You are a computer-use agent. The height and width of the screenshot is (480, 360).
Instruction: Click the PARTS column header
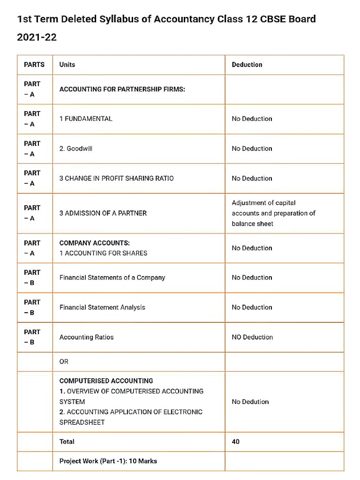point(34,65)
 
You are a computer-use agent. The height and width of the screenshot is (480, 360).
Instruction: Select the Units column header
point(67,65)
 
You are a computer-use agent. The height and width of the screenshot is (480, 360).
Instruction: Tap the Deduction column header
point(247,65)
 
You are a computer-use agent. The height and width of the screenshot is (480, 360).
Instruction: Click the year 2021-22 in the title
point(37,37)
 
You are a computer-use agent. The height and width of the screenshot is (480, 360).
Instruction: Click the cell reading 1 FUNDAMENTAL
point(86,119)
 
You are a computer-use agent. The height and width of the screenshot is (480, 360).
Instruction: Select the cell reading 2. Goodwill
point(76,149)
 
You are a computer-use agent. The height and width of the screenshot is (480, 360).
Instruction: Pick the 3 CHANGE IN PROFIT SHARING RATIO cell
point(116,178)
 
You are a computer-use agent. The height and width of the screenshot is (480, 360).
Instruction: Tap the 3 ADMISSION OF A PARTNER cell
point(103,213)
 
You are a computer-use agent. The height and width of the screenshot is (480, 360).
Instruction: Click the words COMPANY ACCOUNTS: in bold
point(95,243)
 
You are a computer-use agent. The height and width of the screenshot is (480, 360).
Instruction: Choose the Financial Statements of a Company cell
point(112,277)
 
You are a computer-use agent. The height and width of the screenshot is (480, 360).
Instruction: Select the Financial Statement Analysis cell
point(102,307)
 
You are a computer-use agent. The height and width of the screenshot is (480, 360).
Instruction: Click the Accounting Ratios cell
point(86,337)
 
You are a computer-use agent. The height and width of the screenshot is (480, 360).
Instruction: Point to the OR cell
point(64,361)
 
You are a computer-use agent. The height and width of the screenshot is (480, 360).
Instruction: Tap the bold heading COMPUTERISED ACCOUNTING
point(106,381)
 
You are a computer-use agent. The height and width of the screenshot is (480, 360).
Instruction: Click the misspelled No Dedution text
point(250,402)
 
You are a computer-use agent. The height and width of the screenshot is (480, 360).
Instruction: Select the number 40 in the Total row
point(236,442)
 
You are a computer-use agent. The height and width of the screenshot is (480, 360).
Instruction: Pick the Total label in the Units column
point(67,442)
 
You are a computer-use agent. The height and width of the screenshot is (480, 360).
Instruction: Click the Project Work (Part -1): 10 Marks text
point(108,461)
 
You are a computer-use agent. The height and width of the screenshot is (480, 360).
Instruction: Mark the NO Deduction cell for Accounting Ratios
point(252,337)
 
